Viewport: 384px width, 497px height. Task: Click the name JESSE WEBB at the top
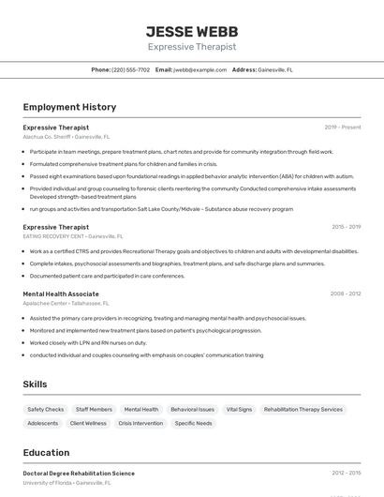(x=192, y=32)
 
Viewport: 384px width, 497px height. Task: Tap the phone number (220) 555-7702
(x=130, y=69)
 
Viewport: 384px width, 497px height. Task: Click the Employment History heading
(x=69, y=107)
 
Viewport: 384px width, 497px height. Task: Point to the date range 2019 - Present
(x=342, y=128)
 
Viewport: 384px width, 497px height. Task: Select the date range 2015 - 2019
(x=346, y=227)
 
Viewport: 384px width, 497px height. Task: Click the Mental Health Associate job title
(x=61, y=294)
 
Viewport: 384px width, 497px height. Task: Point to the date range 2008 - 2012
(x=346, y=294)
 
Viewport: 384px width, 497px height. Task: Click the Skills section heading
(x=35, y=384)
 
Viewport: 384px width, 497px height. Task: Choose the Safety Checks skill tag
(x=46, y=410)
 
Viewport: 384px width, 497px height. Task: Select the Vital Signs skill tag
(x=239, y=410)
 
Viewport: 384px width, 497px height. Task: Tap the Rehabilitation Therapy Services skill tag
(x=303, y=410)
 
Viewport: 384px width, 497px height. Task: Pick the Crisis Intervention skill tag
(x=140, y=424)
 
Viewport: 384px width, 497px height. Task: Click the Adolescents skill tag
(x=43, y=424)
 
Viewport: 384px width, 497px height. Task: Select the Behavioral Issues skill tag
(x=192, y=410)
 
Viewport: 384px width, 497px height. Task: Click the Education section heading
(x=46, y=452)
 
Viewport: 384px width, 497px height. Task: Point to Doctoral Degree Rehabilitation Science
(x=79, y=474)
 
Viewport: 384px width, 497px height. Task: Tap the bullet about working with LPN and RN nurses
(x=88, y=342)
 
